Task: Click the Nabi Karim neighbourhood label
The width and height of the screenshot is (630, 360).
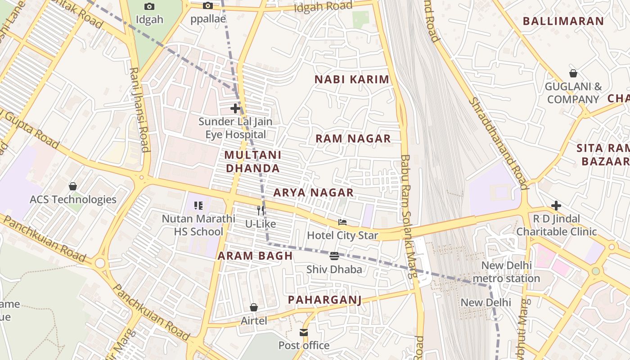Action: click(351, 80)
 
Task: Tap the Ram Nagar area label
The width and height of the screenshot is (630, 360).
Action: click(353, 139)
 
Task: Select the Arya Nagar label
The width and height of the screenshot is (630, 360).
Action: click(313, 193)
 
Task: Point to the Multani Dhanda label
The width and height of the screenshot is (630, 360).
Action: click(252, 162)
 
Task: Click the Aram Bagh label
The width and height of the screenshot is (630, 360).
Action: click(255, 256)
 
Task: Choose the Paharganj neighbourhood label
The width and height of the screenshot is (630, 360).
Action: click(324, 300)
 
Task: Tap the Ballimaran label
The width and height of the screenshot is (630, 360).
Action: click(563, 21)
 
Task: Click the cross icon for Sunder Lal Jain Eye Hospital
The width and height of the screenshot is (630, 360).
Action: click(235, 108)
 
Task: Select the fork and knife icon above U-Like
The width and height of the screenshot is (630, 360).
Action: click(261, 210)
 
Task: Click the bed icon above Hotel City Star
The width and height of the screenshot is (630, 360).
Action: click(342, 222)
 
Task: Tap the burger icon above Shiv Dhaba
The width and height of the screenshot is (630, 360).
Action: click(334, 256)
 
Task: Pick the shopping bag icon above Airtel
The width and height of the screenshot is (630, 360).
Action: click(254, 307)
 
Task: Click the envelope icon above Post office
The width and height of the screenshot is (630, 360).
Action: click(304, 333)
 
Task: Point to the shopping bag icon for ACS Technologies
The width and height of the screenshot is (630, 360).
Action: click(73, 186)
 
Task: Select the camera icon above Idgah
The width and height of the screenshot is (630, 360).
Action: click(149, 6)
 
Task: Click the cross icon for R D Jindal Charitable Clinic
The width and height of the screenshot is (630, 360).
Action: click(556, 206)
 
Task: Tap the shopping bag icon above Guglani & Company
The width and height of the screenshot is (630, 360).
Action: click(573, 73)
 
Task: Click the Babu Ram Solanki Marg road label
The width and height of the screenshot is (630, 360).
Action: click(408, 216)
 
